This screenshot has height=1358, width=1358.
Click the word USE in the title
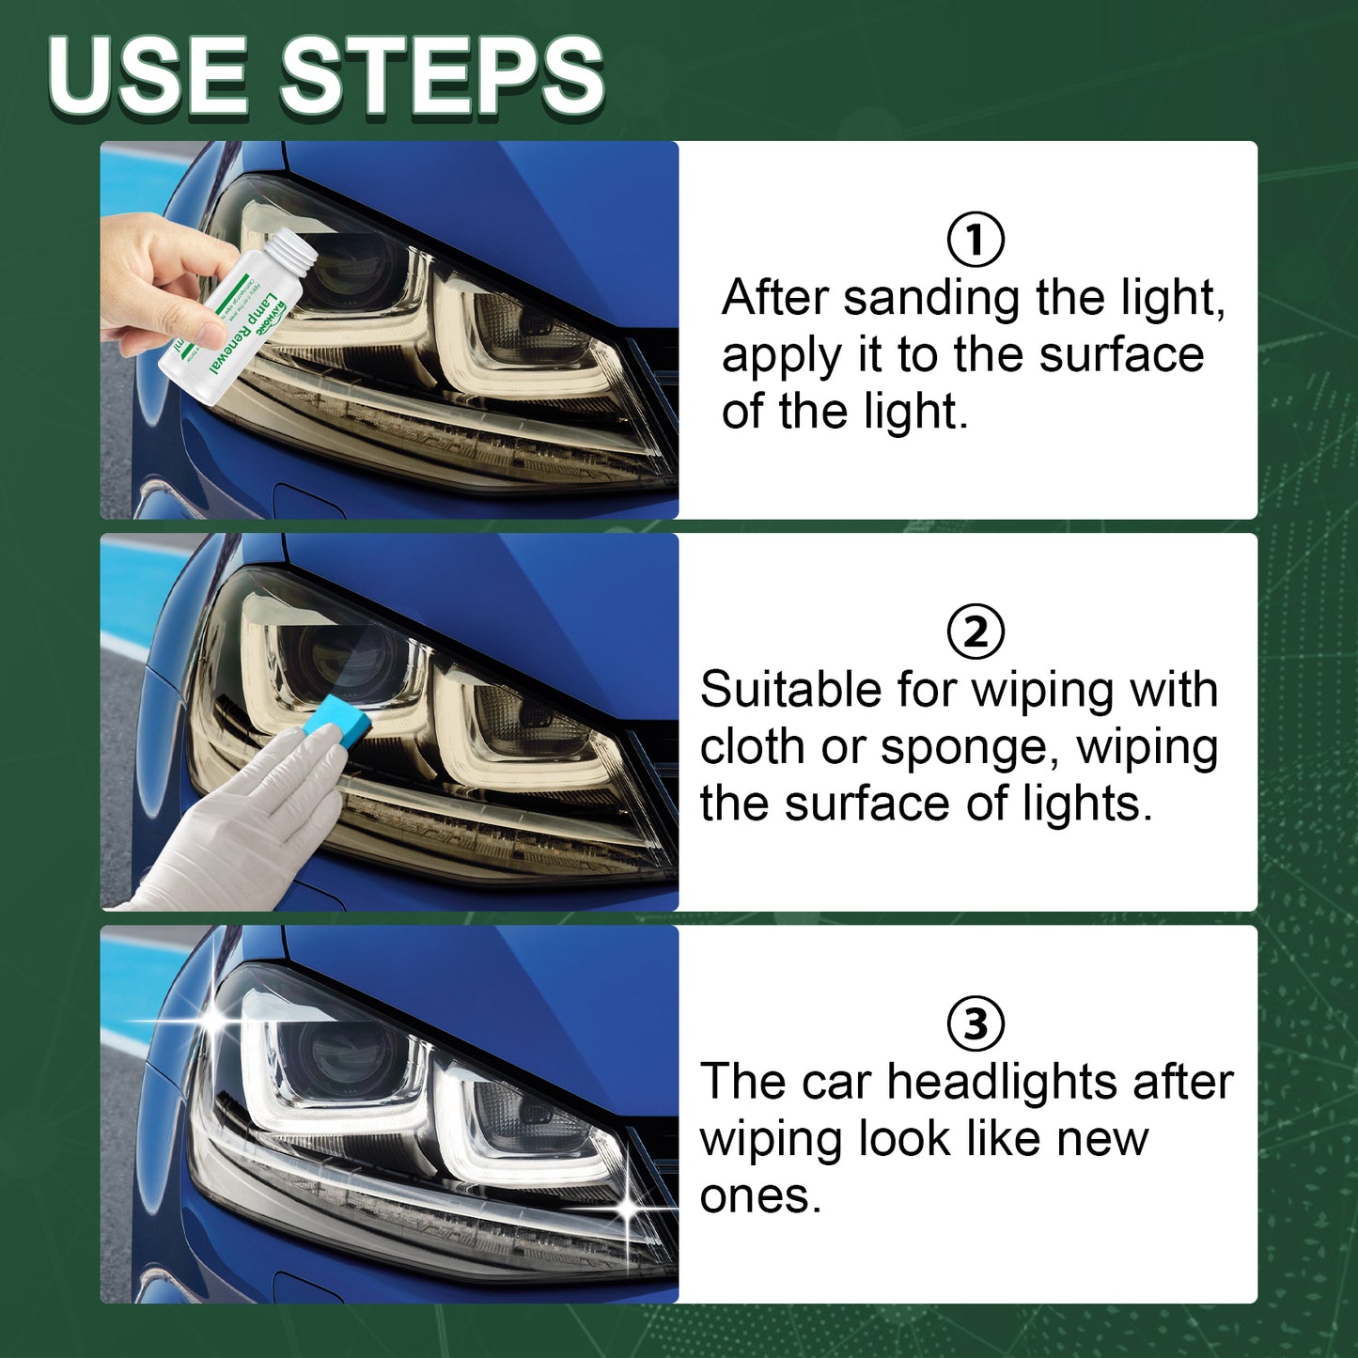(148, 77)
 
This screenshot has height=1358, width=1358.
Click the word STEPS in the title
(442, 77)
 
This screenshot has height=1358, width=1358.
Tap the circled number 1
(975, 240)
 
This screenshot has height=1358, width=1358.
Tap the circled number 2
(975, 632)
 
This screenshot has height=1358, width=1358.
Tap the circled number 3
(975, 1023)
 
